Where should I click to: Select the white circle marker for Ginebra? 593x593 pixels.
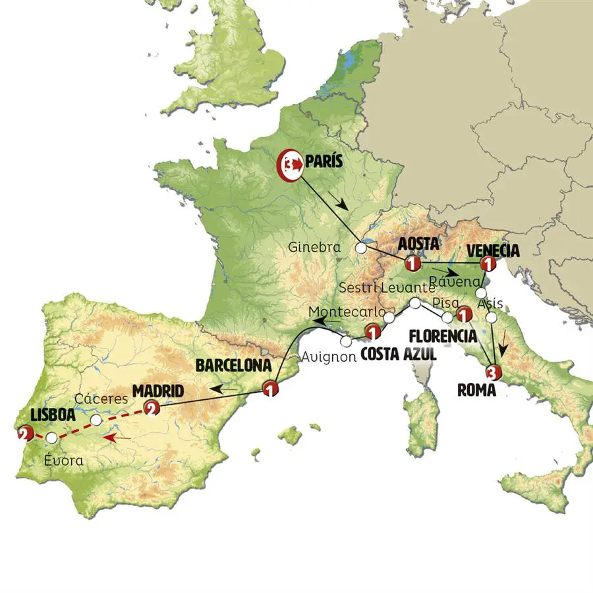(360, 248)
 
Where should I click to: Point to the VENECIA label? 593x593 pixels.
(492, 250)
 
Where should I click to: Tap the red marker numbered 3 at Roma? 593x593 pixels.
(494, 372)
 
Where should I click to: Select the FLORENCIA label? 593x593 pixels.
(442, 335)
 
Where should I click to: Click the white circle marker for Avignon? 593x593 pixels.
(347, 341)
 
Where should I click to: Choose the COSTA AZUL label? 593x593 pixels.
(399, 354)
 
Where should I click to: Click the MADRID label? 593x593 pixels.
(157, 391)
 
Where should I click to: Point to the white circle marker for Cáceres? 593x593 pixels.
(96, 420)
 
